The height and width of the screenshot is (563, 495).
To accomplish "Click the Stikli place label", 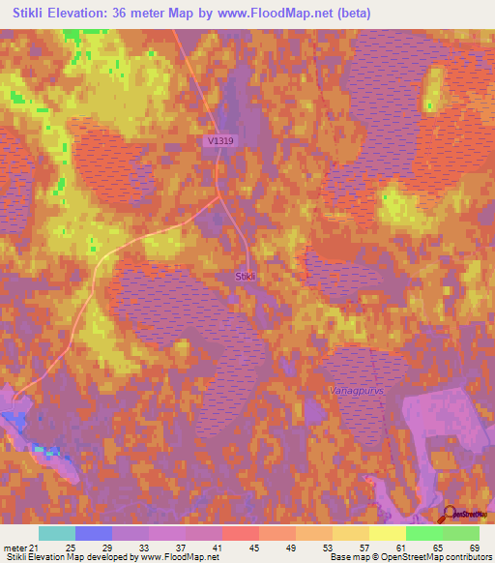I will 246,277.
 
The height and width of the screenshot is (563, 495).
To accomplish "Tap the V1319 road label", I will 220,141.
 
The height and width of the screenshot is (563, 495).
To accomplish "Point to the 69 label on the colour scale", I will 473,547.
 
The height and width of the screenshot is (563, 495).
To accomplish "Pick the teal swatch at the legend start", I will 57,533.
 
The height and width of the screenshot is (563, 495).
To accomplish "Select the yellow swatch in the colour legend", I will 387,533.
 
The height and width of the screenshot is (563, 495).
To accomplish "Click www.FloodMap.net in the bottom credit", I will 180,557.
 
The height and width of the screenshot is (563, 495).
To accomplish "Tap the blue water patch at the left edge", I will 10,416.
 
